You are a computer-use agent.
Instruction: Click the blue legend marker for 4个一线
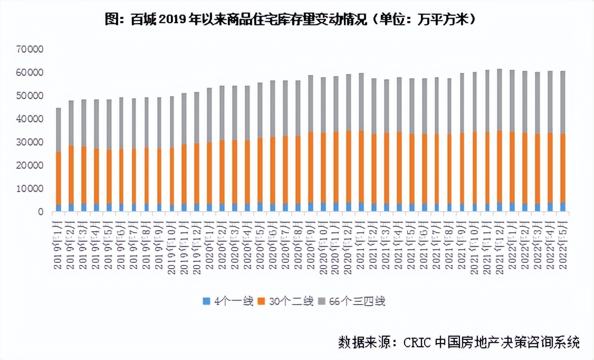pos(207,301)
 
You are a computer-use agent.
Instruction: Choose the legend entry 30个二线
pos(283,301)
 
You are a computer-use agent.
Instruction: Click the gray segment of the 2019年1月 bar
pos(59,130)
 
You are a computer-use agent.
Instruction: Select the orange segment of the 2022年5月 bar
pos(563,168)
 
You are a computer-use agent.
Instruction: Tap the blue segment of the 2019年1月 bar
pos(59,208)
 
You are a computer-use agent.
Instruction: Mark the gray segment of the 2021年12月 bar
pos(500,100)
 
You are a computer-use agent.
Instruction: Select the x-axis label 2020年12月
pos(348,245)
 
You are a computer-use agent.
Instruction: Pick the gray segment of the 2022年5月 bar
pos(563,102)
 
